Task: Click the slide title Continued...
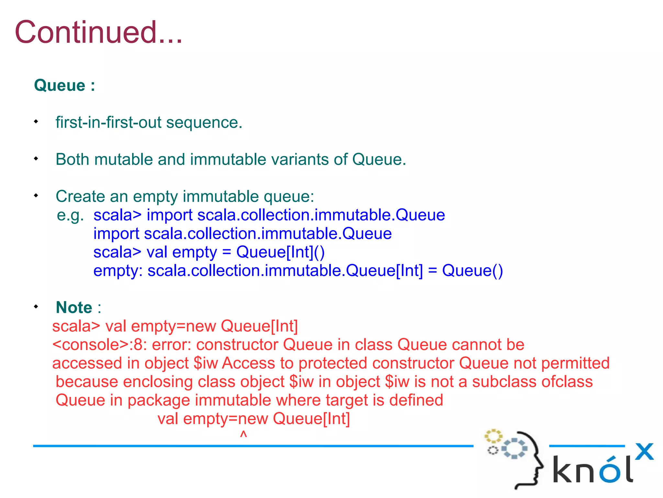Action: tap(99, 32)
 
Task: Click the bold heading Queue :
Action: tap(64, 86)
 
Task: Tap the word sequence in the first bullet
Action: tap(204, 123)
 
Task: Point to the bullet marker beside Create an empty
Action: tap(36, 196)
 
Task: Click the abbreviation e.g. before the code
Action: tap(70, 215)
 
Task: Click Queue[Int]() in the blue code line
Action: tap(280, 252)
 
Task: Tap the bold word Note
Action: tap(74, 307)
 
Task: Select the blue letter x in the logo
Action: tap(644, 451)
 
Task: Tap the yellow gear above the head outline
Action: tap(493, 436)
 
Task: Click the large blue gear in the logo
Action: tap(515, 448)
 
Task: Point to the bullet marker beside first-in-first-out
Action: tap(36, 122)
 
